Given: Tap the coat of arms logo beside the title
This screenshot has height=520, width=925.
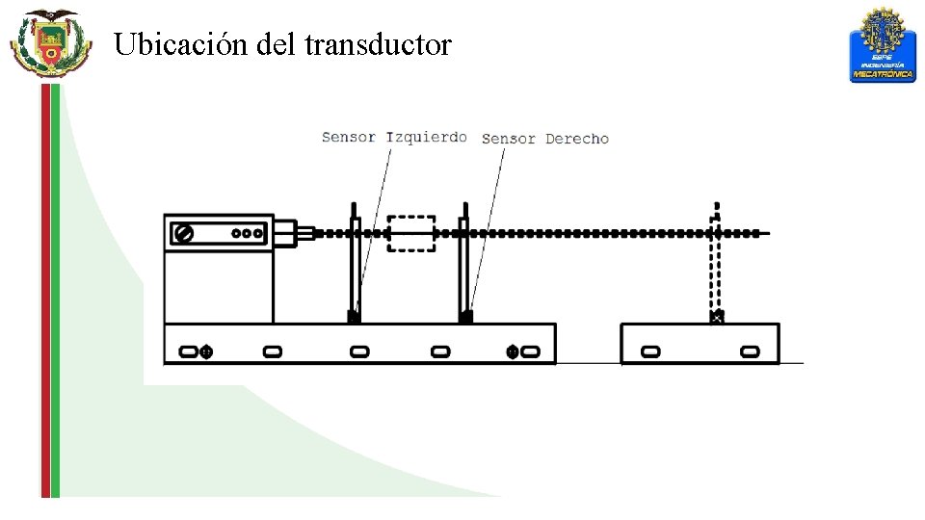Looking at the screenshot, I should click(x=48, y=42).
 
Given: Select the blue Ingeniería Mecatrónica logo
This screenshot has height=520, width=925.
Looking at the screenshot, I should click(x=882, y=45).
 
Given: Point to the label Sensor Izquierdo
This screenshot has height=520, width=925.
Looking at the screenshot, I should click(x=393, y=137).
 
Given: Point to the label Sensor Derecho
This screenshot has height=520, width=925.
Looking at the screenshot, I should click(x=545, y=139).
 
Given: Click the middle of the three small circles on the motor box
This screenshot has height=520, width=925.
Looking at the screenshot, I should click(x=248, y=233).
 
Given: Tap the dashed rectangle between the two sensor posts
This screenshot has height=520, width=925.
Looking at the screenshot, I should click(x=411, y=233).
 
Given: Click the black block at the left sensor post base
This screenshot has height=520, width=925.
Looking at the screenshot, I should click(x=354, y=316).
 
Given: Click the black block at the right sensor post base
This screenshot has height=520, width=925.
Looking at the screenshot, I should click(x=465, y=316).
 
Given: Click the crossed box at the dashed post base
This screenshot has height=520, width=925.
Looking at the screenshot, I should click(x=716, y=317).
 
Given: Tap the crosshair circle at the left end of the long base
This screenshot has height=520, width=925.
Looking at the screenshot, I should click(x=205, y=352).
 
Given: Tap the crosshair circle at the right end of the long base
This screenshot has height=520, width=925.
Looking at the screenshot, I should click(x=513, y=352).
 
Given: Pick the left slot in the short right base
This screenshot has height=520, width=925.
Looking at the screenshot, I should click(x=650, y=352).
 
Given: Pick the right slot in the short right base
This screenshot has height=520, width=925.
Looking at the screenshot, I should click(x=749, y=352).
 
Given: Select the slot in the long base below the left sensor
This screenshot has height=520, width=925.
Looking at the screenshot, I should click(x=359, y=352).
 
